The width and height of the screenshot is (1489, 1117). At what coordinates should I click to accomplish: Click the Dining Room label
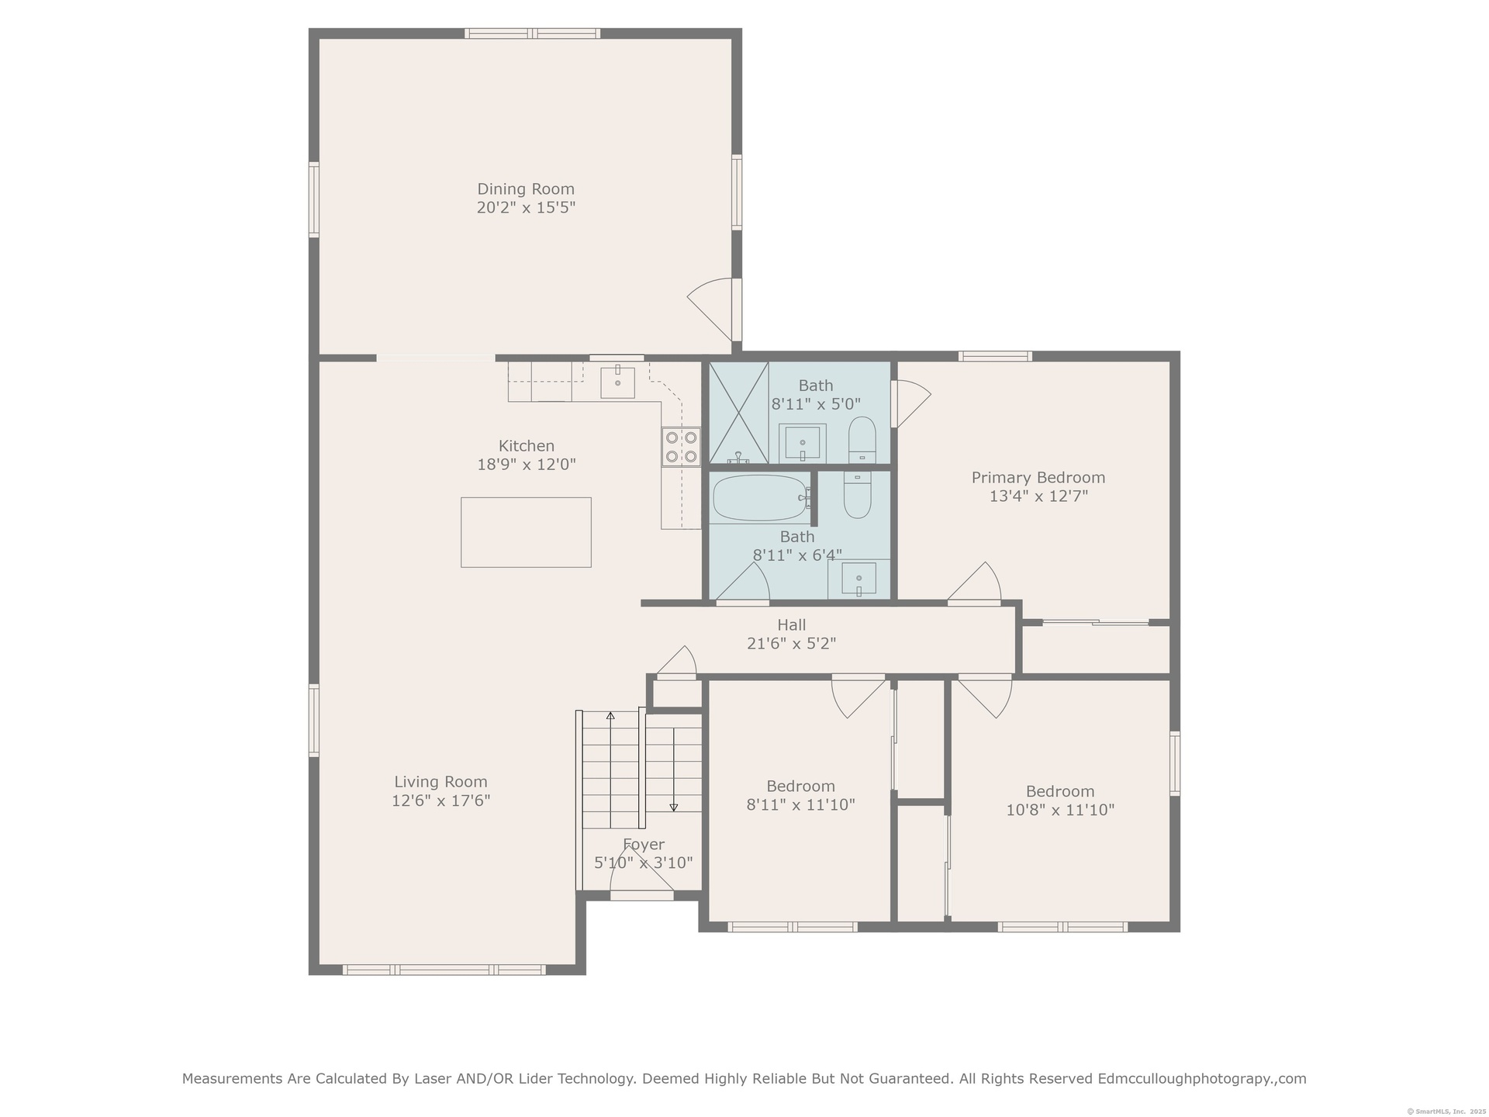(526, 188)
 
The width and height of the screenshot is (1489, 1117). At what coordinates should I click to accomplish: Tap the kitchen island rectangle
(526, 532)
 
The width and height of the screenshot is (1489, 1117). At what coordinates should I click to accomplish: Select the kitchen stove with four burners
(681, 447)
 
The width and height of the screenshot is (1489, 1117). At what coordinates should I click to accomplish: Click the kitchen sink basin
(617, 382)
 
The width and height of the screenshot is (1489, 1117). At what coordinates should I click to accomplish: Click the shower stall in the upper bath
(739, 413)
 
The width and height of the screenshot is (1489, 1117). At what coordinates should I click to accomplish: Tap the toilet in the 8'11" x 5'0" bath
(862, 440)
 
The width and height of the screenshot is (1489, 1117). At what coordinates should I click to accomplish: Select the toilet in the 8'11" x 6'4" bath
(857, 495)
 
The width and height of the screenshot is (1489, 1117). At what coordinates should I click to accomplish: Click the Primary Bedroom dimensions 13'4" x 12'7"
(1038, 496)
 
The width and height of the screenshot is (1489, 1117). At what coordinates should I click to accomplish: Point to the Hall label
(792, 624)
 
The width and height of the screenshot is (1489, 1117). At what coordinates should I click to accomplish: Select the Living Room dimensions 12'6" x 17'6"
(440, 801)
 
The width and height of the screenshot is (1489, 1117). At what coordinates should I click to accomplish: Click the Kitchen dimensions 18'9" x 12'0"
(527, 465)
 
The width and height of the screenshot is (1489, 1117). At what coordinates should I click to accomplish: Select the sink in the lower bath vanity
(859, 578)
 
